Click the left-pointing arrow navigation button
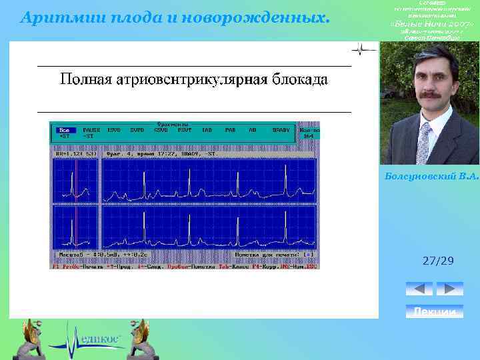[419, 289]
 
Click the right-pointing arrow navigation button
[449, 289]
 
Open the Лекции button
[434, 311]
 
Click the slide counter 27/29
[438, 260]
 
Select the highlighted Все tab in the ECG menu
[65, 129]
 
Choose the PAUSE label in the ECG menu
[92, 129]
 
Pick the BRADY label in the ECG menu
[281, 129]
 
